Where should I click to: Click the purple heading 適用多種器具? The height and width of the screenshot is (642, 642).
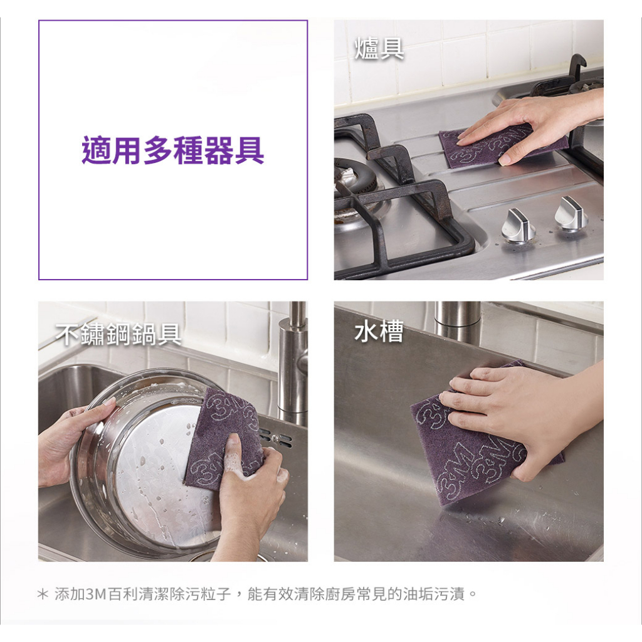click(x=173, y=150)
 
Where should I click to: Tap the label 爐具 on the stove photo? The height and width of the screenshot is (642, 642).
click(x=379, y=48)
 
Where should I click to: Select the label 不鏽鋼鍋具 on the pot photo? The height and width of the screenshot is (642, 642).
click(x=118, y=334)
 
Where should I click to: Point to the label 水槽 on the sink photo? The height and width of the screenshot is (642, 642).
click(x=379, y=331)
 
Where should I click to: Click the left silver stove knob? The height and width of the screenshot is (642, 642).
click(x=518, y=225)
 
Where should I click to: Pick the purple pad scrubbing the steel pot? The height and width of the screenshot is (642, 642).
click(x=221, y=438)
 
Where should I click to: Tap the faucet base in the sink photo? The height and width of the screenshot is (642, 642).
click(x=457, y=322)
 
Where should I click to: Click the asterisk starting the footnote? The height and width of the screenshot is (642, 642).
click(x=43, y=594)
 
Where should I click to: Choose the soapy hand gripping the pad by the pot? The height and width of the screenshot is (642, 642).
click(x=250, y=492)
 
